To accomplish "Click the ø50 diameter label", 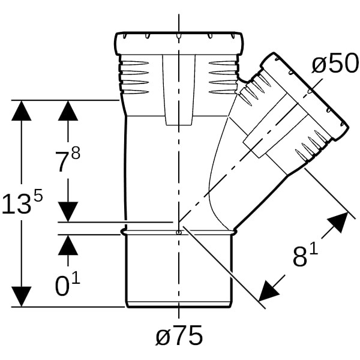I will pos(335,64).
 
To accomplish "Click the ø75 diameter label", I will pos(179,337).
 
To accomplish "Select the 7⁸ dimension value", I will pos(67,161).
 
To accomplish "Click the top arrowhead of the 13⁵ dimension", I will pos(22,111).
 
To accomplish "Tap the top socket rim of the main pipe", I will pos(179,44).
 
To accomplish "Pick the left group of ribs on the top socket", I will pos(134,77).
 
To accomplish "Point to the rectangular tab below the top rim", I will pos(178,90).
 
